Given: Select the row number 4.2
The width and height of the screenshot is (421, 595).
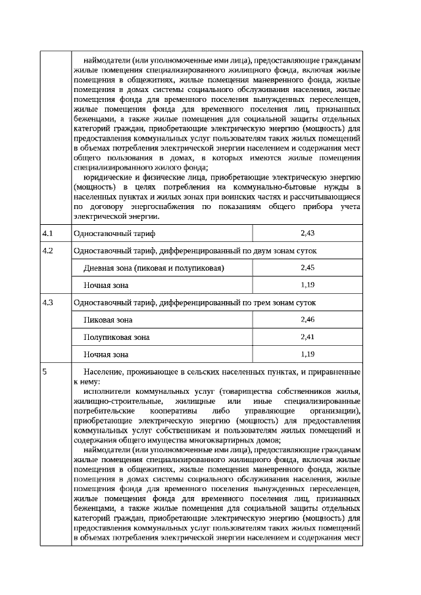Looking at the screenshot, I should (47, 251).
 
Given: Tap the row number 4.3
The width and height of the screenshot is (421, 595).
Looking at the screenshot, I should (47, 303).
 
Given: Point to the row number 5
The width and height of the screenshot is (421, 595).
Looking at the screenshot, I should (44, 372).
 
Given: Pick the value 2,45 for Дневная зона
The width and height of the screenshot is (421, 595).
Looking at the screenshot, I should (307, 268).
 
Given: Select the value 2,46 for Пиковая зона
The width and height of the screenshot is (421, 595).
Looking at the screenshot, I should (307, 320).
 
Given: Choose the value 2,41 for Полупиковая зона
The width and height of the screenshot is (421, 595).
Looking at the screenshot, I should (307, 337).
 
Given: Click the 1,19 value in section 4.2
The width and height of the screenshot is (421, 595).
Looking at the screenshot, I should (307, 285).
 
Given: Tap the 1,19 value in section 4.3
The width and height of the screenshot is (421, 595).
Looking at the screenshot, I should (307, 354).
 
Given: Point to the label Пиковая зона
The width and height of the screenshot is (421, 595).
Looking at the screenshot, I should (108, 320).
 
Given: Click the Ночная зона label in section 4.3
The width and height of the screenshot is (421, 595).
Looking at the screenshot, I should (106, 354).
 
